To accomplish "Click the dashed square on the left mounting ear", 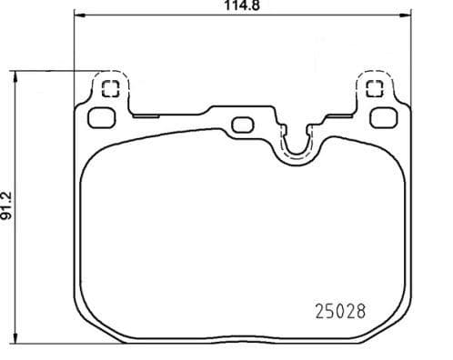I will pyautogui.click(x=111, y=89).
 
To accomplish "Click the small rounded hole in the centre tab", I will pyautogui.click(x=242, y=124).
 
